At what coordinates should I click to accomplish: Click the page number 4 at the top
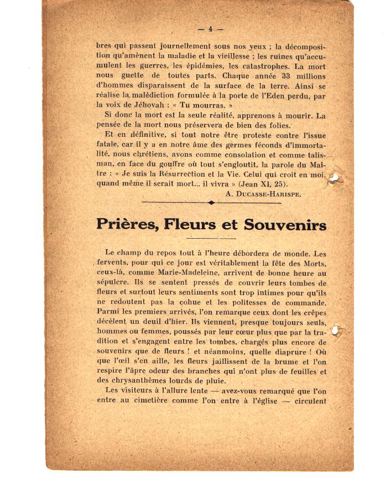tap(211, 29)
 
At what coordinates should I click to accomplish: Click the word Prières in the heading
tap(128, 224)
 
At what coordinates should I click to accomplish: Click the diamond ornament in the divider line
tap(211, 203)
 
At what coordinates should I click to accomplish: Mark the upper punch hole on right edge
tap(335, 177)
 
